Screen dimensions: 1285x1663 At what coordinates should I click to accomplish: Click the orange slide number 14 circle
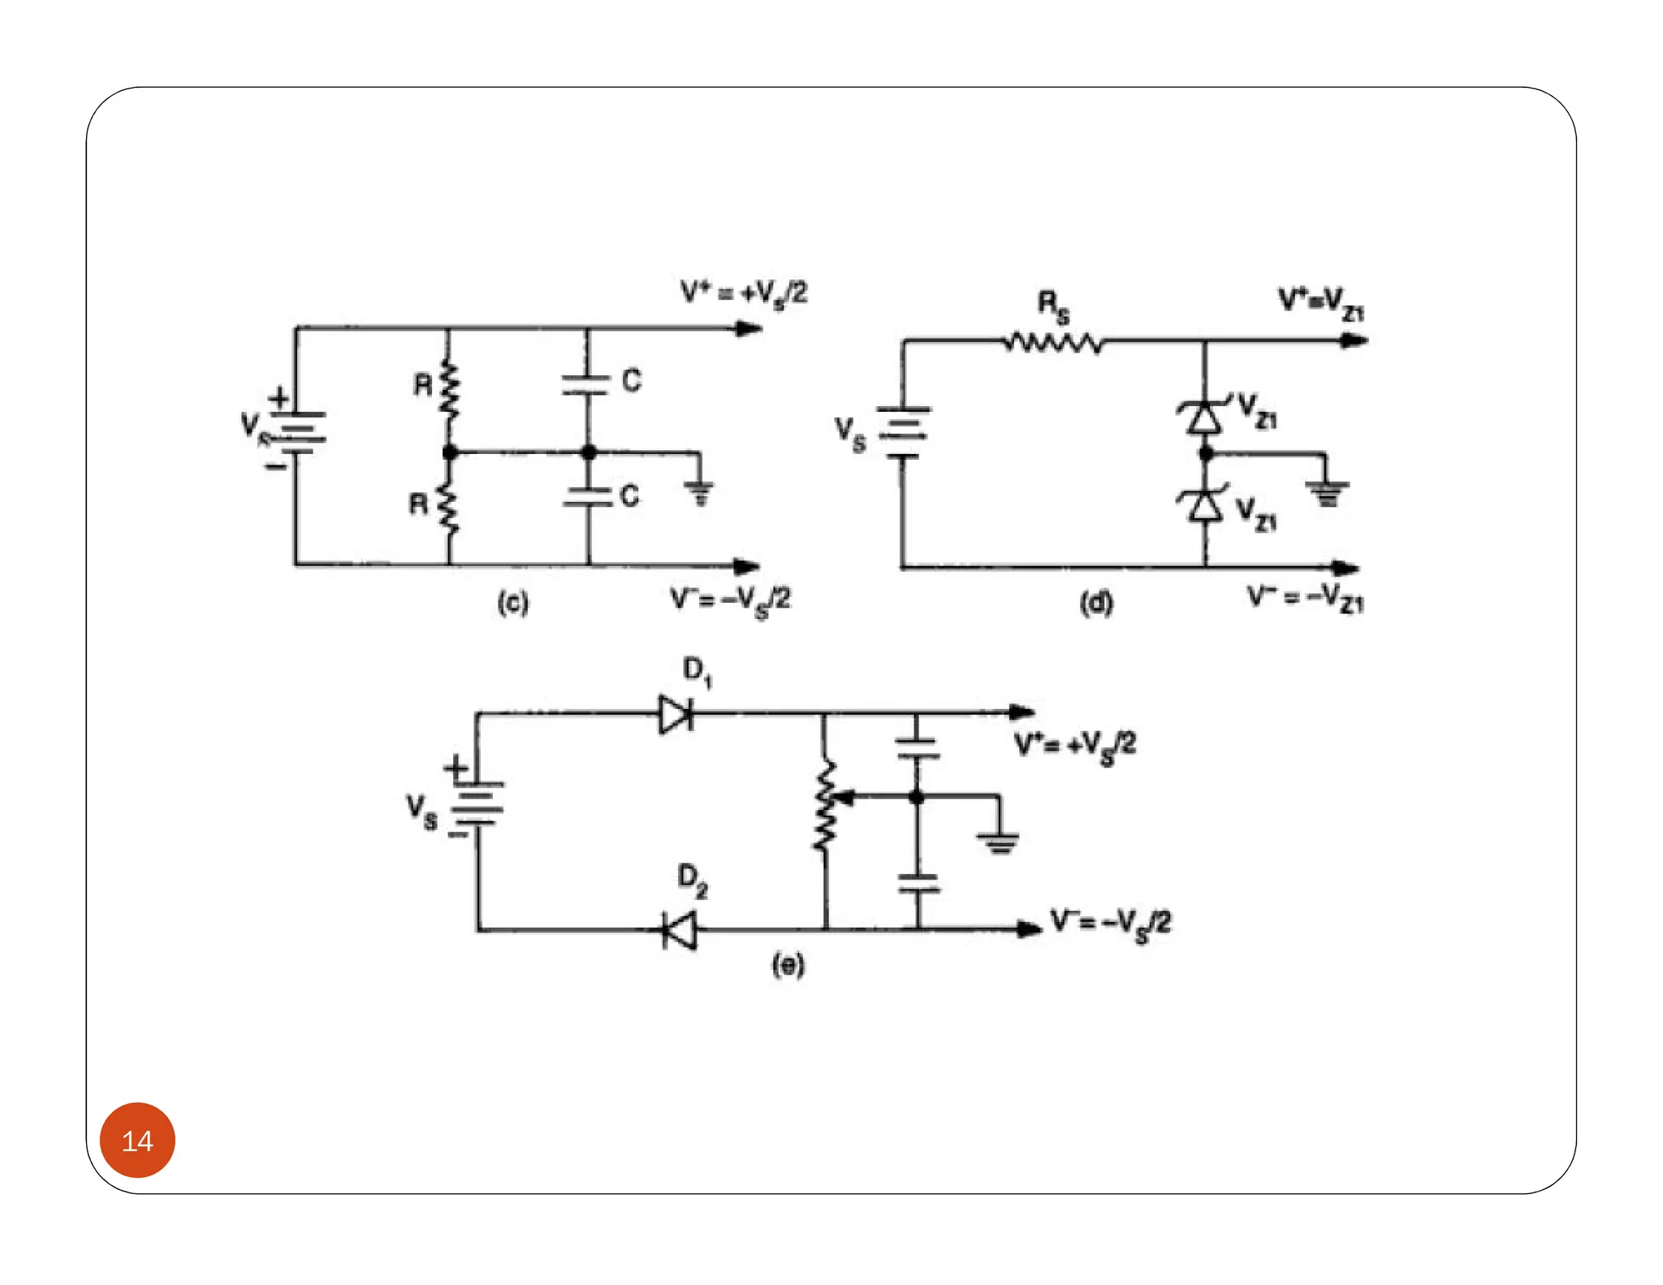pos(137,1140)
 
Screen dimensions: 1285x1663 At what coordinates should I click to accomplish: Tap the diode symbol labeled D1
pos(676,715)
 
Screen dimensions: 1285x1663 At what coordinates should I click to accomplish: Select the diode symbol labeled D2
pos(679,930)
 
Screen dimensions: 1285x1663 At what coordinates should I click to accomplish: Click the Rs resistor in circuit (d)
pos(1053,343)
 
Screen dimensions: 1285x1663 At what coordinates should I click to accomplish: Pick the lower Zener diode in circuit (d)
pos(1205,505)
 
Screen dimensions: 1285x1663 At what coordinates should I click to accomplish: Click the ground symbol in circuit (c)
pos(699,491)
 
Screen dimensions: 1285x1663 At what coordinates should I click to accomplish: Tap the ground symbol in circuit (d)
pos(1327,492)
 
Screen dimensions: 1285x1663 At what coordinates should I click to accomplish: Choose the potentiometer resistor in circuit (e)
pos(825,805)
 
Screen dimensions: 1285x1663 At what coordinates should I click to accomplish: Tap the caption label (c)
pos(513,603)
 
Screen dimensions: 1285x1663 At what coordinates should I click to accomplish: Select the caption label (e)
pos(788,965)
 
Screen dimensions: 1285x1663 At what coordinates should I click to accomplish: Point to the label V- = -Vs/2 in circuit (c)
pos(730,601)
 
